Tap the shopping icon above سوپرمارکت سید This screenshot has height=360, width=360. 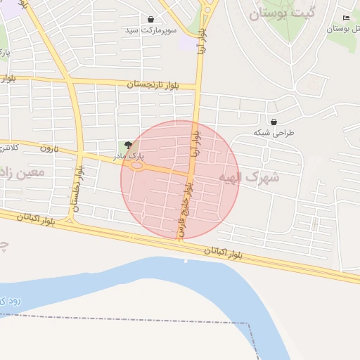pos(151,19)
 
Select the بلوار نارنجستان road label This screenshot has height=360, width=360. pos(153,84)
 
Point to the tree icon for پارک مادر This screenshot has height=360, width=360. pos(128,144)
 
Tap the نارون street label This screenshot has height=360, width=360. pos(47,149)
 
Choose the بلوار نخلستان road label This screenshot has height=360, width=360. pos(77,188)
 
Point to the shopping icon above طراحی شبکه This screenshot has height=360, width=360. pos(273,121)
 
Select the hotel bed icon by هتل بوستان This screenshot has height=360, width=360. pos(345,18)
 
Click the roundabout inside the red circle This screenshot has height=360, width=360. pos(136,167)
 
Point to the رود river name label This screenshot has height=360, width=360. pos(8,300)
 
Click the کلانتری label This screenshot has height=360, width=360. pos(8,148)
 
